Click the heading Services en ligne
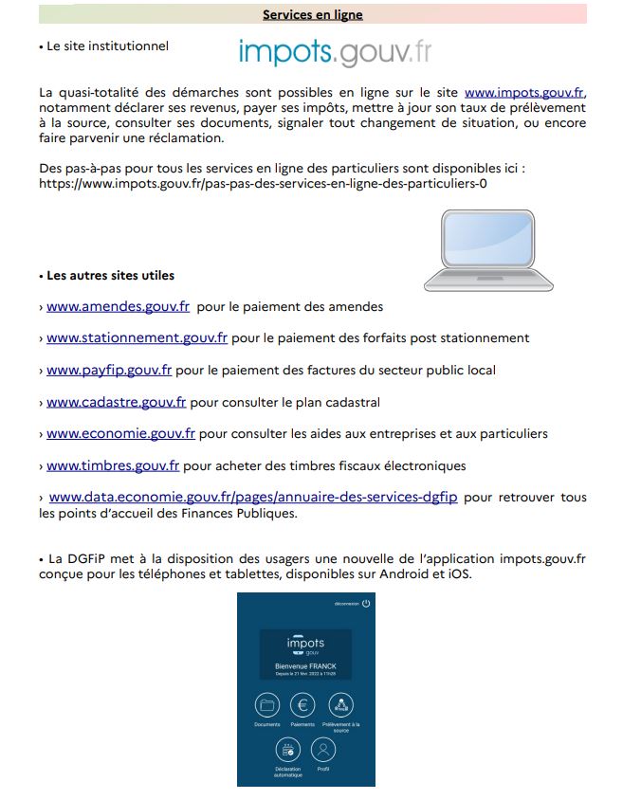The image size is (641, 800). [313, 15]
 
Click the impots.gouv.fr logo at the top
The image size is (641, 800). [335, 51]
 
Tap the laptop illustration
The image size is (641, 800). [488, 248]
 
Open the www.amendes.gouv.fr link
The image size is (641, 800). [119, 307]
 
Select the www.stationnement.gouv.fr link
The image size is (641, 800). [137, 338]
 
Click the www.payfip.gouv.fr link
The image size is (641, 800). [109, 370]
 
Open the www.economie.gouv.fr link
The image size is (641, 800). [120, 434]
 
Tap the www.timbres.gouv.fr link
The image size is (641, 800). [113, 466]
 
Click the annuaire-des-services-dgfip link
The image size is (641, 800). [253, 498]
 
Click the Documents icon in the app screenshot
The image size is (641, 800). [268, 705]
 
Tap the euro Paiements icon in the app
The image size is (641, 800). [303, 705]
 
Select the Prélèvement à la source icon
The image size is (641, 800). [340, 705]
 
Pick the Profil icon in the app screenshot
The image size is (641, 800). [323, 751]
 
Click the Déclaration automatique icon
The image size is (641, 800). [287, 751]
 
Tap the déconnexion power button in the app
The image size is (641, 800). [366, 603]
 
